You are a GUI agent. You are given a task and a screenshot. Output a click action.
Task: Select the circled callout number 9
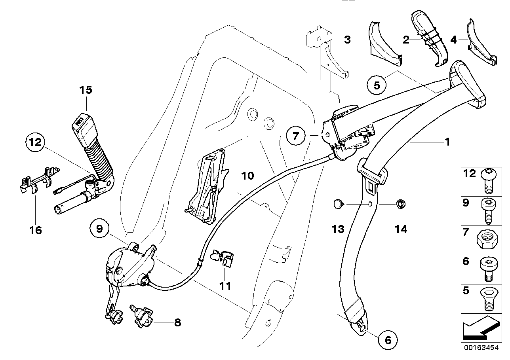(99, 228)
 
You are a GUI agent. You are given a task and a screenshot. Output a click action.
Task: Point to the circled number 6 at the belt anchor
(388, 339)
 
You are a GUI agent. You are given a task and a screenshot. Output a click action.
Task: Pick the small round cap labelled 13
(337, 204)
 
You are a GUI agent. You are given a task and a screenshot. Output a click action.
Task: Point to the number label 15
(85, 90)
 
